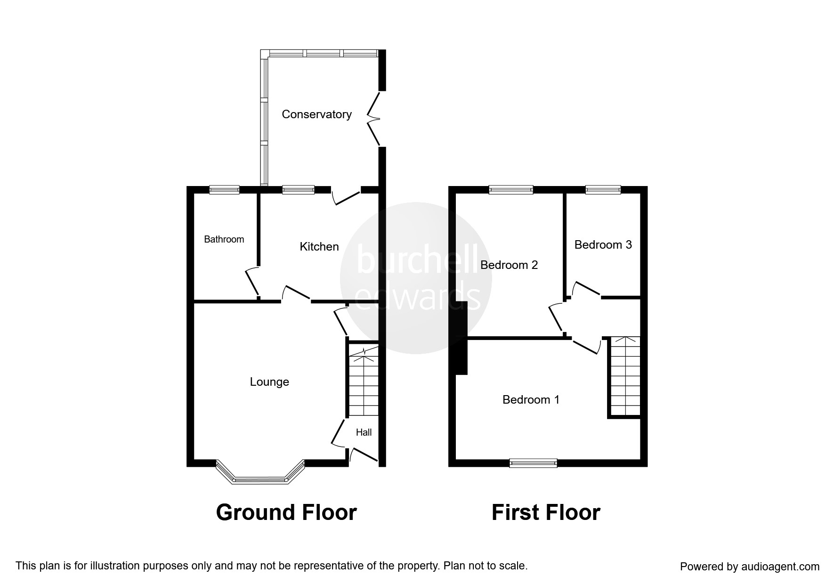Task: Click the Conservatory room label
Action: pyautogui.click(x=316, y=114)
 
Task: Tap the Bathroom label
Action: pyautogui.click(x=224, y=239)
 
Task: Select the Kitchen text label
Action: pyautogui.click(x=319, y=246)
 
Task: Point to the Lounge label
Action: pyautogui.click(x=269, y=382)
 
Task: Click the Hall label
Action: pyautogui.click(x=364, y=432)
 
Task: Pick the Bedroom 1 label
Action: pyautogui.click(x=531, y=400)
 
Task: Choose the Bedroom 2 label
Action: pyautogui.click(x=509, y=265)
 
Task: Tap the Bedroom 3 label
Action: pyautogui.click(x=603, y=245)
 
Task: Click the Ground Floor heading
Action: pyautogui.click(x=286, y=512)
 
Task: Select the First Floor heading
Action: pyautogui.click(x=546, y=512)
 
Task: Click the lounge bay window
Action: pyautogui.click(x=260, y=472)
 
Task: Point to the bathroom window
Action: pyautogui.click(x=224, y=190)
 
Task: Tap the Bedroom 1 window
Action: pyautogui.click(x=533, y=463)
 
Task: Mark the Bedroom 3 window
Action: pyautogui.click(x=603, y=190)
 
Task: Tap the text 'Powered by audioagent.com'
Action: pyautogui.click(x=750, y=567)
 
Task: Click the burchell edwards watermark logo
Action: pyautogui.click(x=417, y=279)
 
